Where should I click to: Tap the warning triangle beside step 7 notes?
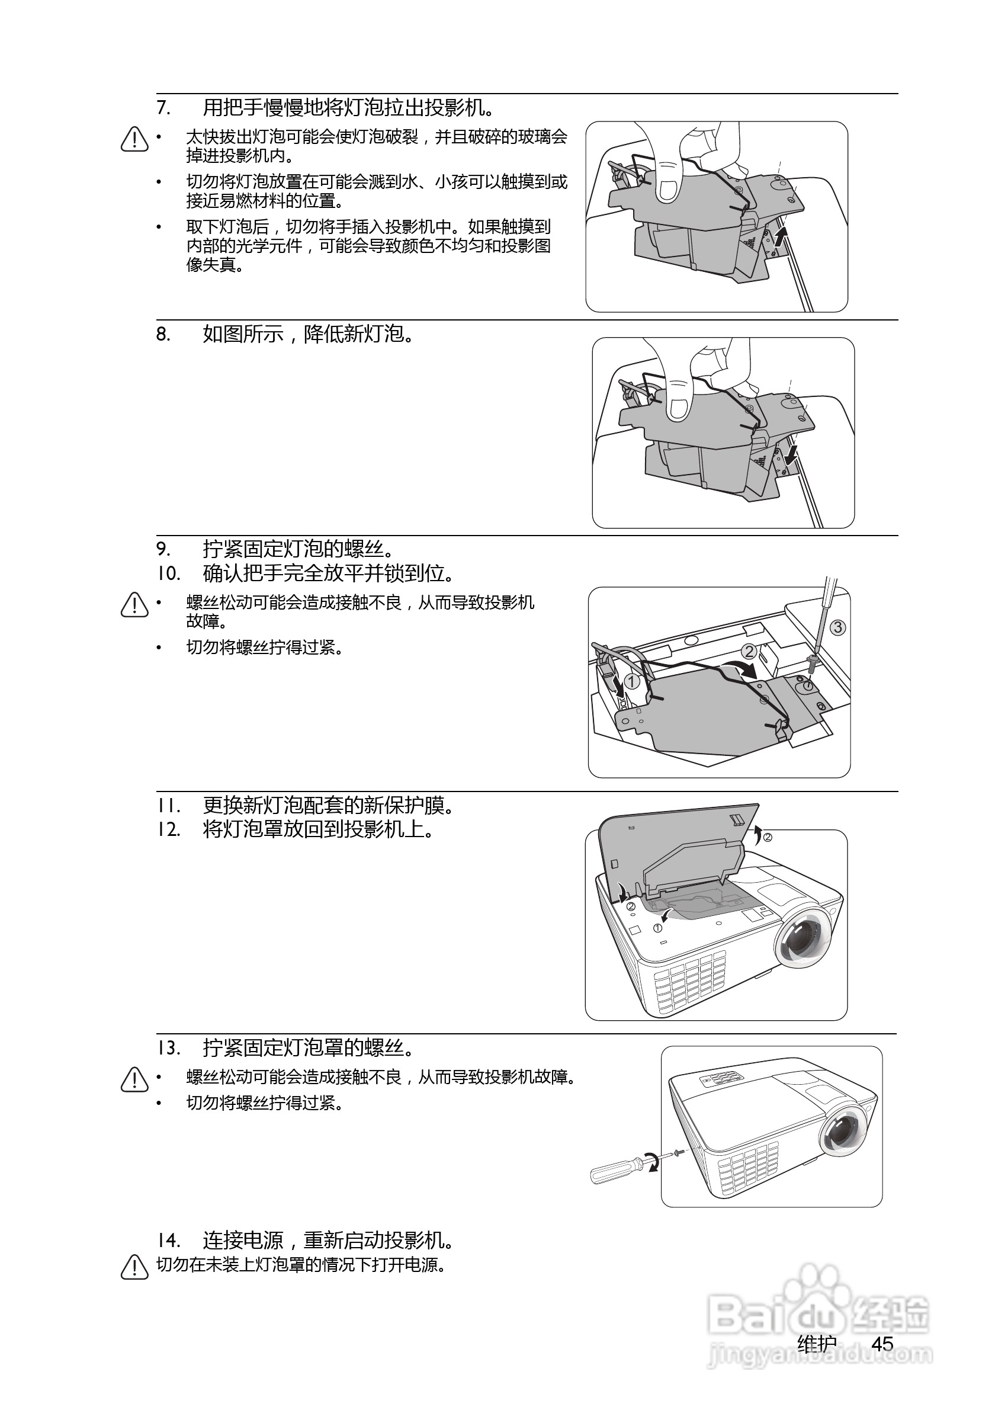[x=134, y=139]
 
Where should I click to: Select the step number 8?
[x=163, y=335]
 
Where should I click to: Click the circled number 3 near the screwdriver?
[x=837, y=627]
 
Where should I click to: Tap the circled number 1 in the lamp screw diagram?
[x=631, y=681]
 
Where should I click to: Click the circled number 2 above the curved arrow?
[x=749, y=651]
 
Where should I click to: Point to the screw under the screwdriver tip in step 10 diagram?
[x=812, y=661]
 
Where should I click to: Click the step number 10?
[x=168, y=573]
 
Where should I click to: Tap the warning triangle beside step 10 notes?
[x=134, y=605]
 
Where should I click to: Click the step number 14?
[x=168, y=1241]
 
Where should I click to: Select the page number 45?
[x=882, y=1344]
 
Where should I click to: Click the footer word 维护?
[x=816, y=1344]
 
